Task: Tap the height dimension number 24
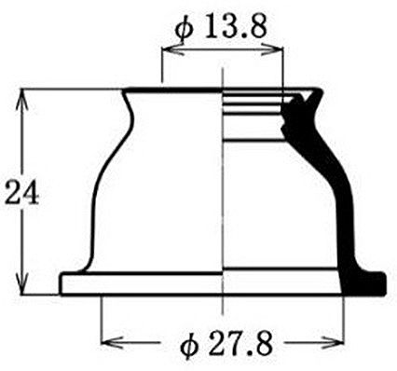[22, 192]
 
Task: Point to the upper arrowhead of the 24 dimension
[21, 99]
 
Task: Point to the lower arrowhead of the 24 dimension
[21, 283]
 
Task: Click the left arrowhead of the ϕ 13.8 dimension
[172, 49]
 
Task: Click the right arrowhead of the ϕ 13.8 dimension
[272, 49]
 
